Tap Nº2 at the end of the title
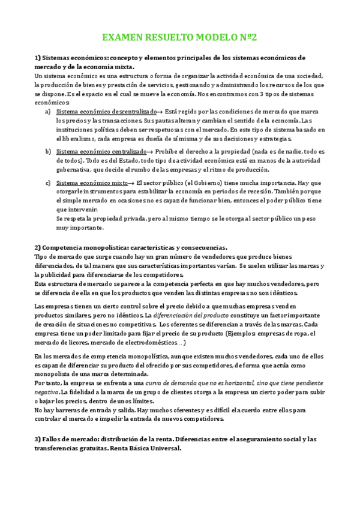tap(247, 37)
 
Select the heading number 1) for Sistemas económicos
tap(37, 58)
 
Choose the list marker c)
tap(48, 182)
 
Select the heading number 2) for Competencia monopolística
tap(37, 247)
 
